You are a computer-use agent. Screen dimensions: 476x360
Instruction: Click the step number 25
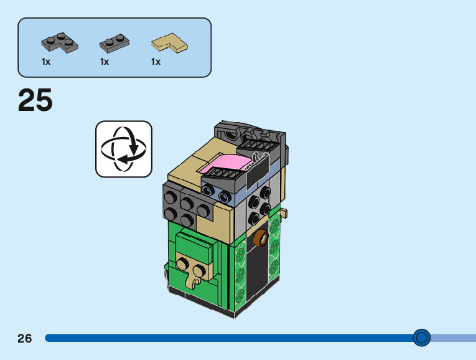point(35,100)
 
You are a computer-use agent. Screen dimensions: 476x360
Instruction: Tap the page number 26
point(25,338)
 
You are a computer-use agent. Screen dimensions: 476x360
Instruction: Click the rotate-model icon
point(124,149)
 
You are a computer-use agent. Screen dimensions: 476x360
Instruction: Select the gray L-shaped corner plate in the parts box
point(60,42)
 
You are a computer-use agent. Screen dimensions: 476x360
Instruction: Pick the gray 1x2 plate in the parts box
point(114,44)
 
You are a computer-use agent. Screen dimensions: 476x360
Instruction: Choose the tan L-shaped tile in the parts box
point(170,43)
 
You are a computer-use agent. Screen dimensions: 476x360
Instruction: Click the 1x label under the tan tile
point(156,62)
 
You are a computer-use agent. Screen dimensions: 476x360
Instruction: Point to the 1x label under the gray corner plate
point(46,62)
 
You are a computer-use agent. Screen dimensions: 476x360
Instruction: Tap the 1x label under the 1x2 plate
point(105,62)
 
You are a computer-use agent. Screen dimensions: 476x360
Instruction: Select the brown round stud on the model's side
point(261,237)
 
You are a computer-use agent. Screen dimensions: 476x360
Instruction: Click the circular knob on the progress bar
point(421,338)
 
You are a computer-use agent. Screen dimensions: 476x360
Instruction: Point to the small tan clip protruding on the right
point(284,212)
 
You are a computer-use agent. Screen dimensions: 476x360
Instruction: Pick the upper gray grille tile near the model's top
point(258,146)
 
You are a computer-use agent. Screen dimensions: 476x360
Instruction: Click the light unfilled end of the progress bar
point(453,338)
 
